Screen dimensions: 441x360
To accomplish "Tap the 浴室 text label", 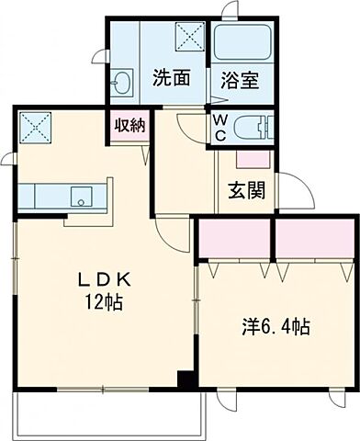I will [x=238, y=80].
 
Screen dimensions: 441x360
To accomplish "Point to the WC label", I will [x=221, y=126].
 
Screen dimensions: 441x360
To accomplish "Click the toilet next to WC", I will [x=253, y=127].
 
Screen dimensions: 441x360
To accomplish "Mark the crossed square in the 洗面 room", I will [x=192, y=38].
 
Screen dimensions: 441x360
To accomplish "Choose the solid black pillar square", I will [x=186, y=379].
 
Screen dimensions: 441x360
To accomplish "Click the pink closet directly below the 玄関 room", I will [x=235, y=240].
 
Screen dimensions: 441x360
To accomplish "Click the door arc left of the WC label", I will [x=191, y=126].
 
